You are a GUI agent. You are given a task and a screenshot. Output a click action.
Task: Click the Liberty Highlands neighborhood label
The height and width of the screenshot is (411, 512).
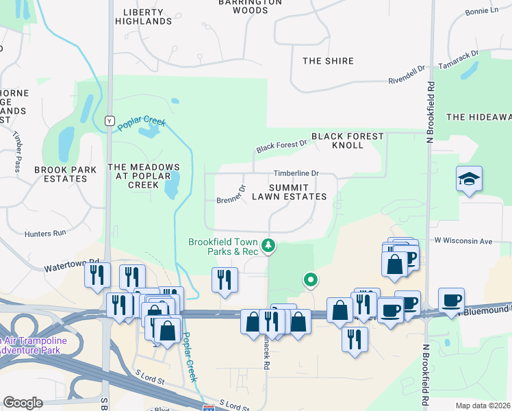(x=147, y=16)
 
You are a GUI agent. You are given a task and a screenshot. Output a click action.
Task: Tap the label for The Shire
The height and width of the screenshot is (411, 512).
(x=328, y=61)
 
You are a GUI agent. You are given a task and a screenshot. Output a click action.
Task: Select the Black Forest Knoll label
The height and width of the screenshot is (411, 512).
(x=347, y=141)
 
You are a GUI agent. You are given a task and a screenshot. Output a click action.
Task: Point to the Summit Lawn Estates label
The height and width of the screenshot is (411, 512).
(x=288, y=192)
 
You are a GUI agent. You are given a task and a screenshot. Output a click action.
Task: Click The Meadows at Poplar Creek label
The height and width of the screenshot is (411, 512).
(x=144, y=176)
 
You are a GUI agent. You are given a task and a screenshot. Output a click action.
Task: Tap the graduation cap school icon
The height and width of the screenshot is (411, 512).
(x=470, y=179)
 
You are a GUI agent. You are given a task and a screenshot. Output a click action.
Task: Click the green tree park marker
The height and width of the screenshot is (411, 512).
(x=270, y=245)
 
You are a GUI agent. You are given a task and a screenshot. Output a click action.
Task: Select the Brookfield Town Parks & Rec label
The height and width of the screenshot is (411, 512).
(x=223, y=247)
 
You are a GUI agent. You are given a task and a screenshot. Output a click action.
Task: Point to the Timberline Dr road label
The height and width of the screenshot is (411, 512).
(x=296, y=173)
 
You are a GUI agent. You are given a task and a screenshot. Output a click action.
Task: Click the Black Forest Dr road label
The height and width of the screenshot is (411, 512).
(x=281, y=146)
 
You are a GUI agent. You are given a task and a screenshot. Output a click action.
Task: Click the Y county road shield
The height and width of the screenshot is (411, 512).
(x=108, y=121)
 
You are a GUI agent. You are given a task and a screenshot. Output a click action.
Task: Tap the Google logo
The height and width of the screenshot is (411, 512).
(x=23, y=403)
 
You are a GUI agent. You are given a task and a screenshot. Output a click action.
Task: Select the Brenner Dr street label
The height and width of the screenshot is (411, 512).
(x=231, y=197)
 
